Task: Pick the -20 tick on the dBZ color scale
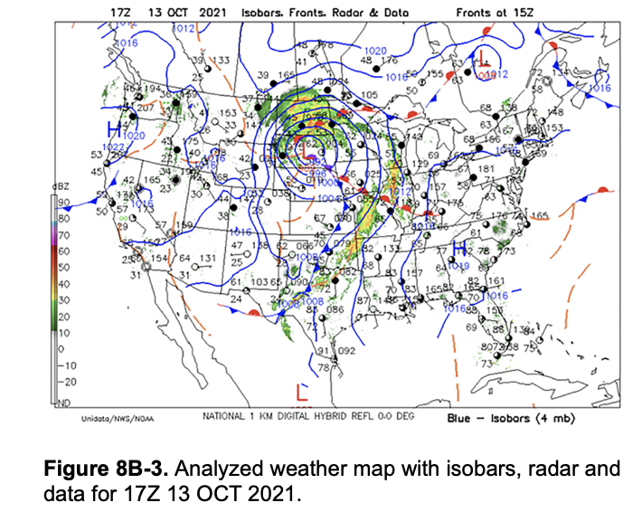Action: [x=64, y=382]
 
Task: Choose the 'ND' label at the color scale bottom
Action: [x=63, y=401]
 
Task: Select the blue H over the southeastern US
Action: [x=458, y=249]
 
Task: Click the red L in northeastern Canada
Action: [x=486, y=62]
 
